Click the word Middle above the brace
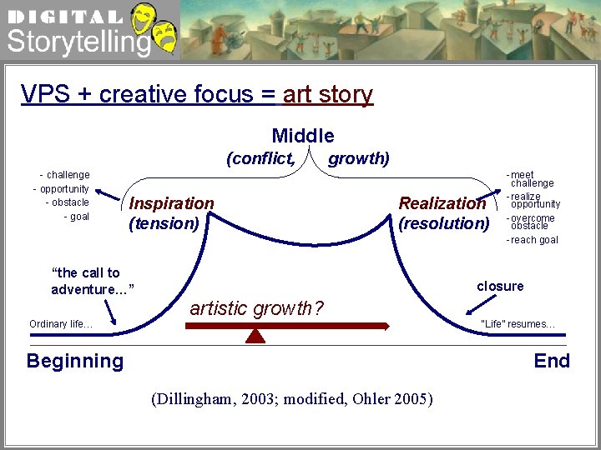pyautogui.click(x=303, y=136)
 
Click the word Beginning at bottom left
pyautogui.click(x=75, y=361)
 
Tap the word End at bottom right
pyautogui.click(x=552, y=361)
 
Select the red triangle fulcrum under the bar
pyautogui.click(x=256, y=335)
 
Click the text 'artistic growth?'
pyautogui.click(x=257, y=308)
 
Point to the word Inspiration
pyautogui.click(x=171, y=203)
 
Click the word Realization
pyautogui.click(x=442, y=203)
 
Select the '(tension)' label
pyautogui.click(x=164, y=223)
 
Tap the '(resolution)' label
pyautogui.click(x=443, y=223)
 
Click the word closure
pyautogui.click(x=500, y=286)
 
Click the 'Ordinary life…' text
pyautogui.click(x=61, y=324)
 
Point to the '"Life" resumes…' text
pyautogui.click(x=518, y=324)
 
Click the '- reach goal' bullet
pyautogui.click(x=533, y=240)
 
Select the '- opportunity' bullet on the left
pyautogui.click(x=61, y=188)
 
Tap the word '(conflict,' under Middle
pyautogui.click(x=260, y=158)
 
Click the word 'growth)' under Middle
pyautogui.click(x=359, y=158)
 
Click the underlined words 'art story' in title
pyautogui.click(x=327, y=94)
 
